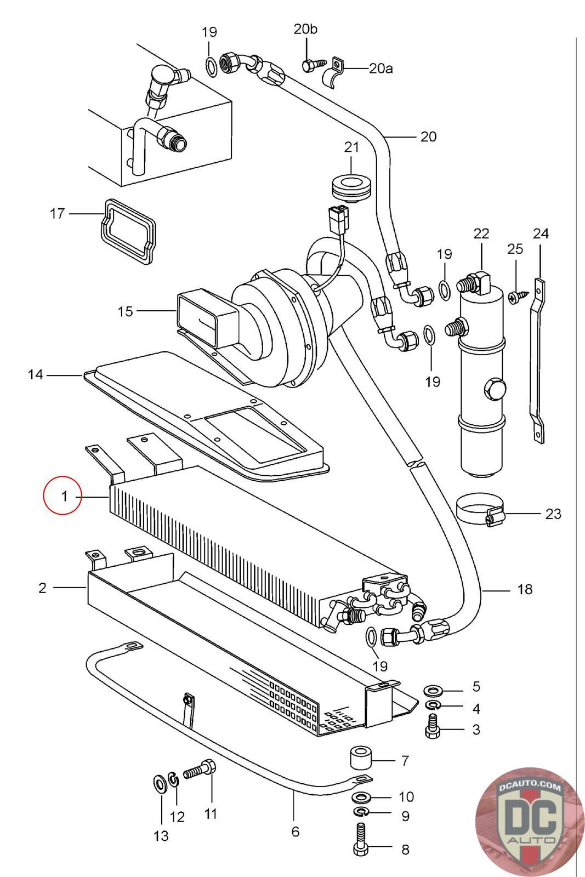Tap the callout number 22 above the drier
[481, 234]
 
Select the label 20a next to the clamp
[380, 69]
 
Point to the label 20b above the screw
[305, 29]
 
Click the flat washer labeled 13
[160, 783]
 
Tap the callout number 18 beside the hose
[525, 589]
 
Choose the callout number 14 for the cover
[35, 374]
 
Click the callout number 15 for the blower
[126, 312]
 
